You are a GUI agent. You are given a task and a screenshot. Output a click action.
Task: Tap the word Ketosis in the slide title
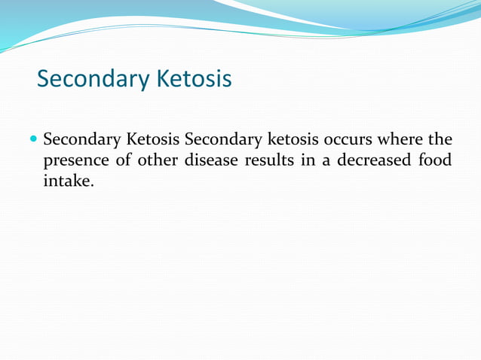click(x=193, y=78)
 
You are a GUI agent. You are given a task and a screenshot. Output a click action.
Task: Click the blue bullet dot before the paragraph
click(x=32, y=140)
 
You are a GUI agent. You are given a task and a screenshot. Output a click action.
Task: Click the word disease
click(x=212, y=161)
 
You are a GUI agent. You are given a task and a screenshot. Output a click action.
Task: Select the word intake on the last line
click(x=68, y=182)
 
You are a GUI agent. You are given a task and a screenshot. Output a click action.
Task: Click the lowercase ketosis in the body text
click(x=294, y=141)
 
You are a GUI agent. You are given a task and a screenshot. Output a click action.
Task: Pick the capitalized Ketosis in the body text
click(x=153, y=141)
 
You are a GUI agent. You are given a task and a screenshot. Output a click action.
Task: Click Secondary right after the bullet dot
click(x=81, y=141)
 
